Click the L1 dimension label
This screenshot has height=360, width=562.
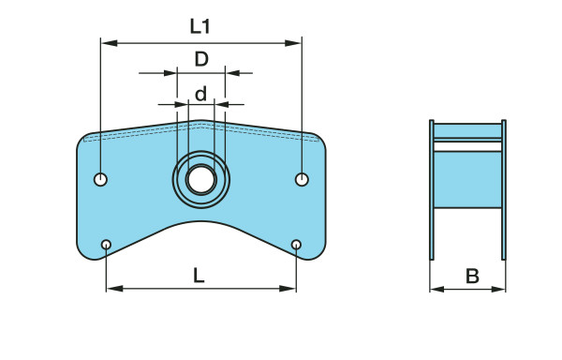200,26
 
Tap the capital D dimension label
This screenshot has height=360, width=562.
201,59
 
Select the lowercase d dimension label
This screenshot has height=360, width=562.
201,93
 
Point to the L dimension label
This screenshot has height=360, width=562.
199,276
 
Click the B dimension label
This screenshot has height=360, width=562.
472,277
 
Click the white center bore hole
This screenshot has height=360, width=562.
201,179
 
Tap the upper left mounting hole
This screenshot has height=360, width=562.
100,179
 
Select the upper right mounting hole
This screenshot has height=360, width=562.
302,179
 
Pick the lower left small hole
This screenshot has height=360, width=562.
106,245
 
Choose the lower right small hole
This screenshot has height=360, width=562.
296,245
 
